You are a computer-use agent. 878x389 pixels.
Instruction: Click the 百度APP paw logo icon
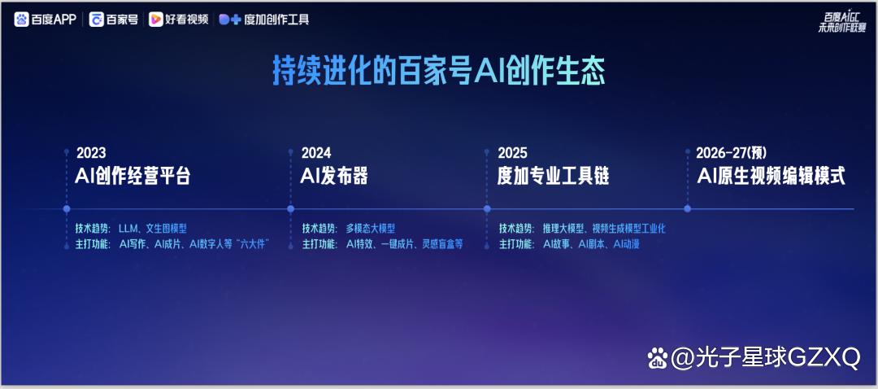[21, 20]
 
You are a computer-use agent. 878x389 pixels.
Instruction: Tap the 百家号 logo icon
[96, 20]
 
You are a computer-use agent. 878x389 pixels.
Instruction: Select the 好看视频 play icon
[155, 20]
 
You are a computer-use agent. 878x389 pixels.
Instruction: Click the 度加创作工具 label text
[276, 20]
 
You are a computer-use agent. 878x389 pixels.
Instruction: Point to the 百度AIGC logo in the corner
[841, 23]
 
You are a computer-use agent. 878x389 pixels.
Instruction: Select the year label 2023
[91, 152]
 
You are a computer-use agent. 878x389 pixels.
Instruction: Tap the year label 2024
[316, 152]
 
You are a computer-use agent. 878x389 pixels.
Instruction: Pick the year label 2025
[512, 152]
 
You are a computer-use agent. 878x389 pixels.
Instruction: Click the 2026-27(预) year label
[732, 152]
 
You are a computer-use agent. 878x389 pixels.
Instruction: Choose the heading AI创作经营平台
[133, 176]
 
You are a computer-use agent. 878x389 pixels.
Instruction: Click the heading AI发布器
[334, 176]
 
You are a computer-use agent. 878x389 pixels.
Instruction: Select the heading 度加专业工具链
[554, 176]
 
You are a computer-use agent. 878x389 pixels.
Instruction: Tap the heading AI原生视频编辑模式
[771, 176]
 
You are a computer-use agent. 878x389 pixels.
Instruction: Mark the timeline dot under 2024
[290, 209]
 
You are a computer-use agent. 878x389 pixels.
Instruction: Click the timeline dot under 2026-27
[688, 209]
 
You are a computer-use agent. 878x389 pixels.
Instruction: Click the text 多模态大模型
[370, 229]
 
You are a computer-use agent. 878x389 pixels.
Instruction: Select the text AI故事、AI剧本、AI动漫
[591, 244]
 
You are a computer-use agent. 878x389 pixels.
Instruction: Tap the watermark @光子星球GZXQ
[754, 357]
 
